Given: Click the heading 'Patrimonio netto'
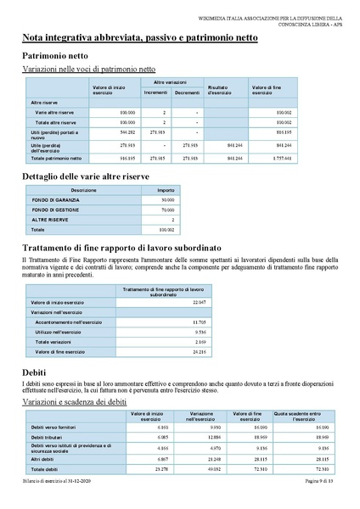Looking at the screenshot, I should click(54, 55).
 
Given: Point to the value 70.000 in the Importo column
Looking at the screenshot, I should click(166, 210).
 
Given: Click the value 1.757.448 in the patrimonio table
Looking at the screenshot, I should click(282, 159).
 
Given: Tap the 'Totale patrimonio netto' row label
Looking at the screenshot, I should click(56, 159).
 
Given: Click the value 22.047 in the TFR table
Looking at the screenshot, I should click(200, 302).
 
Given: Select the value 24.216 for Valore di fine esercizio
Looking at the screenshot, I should click(200, 350).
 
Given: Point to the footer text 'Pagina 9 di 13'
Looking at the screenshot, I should click(322, 482).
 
